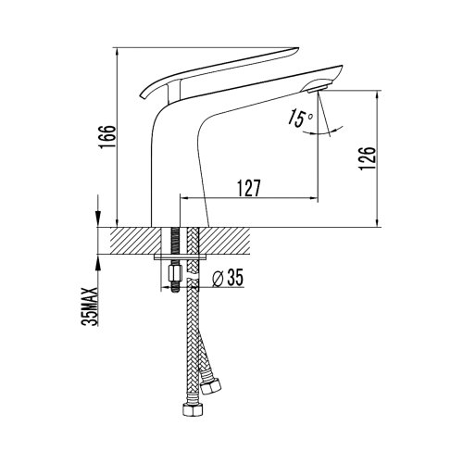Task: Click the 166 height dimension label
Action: click(x=107, y=137)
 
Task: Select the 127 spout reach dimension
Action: click(x=249, y=188)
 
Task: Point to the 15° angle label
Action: click(x=300, y=119)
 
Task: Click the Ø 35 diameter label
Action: click(x=228, y=277)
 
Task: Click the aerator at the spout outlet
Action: click(x=316, y=89)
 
